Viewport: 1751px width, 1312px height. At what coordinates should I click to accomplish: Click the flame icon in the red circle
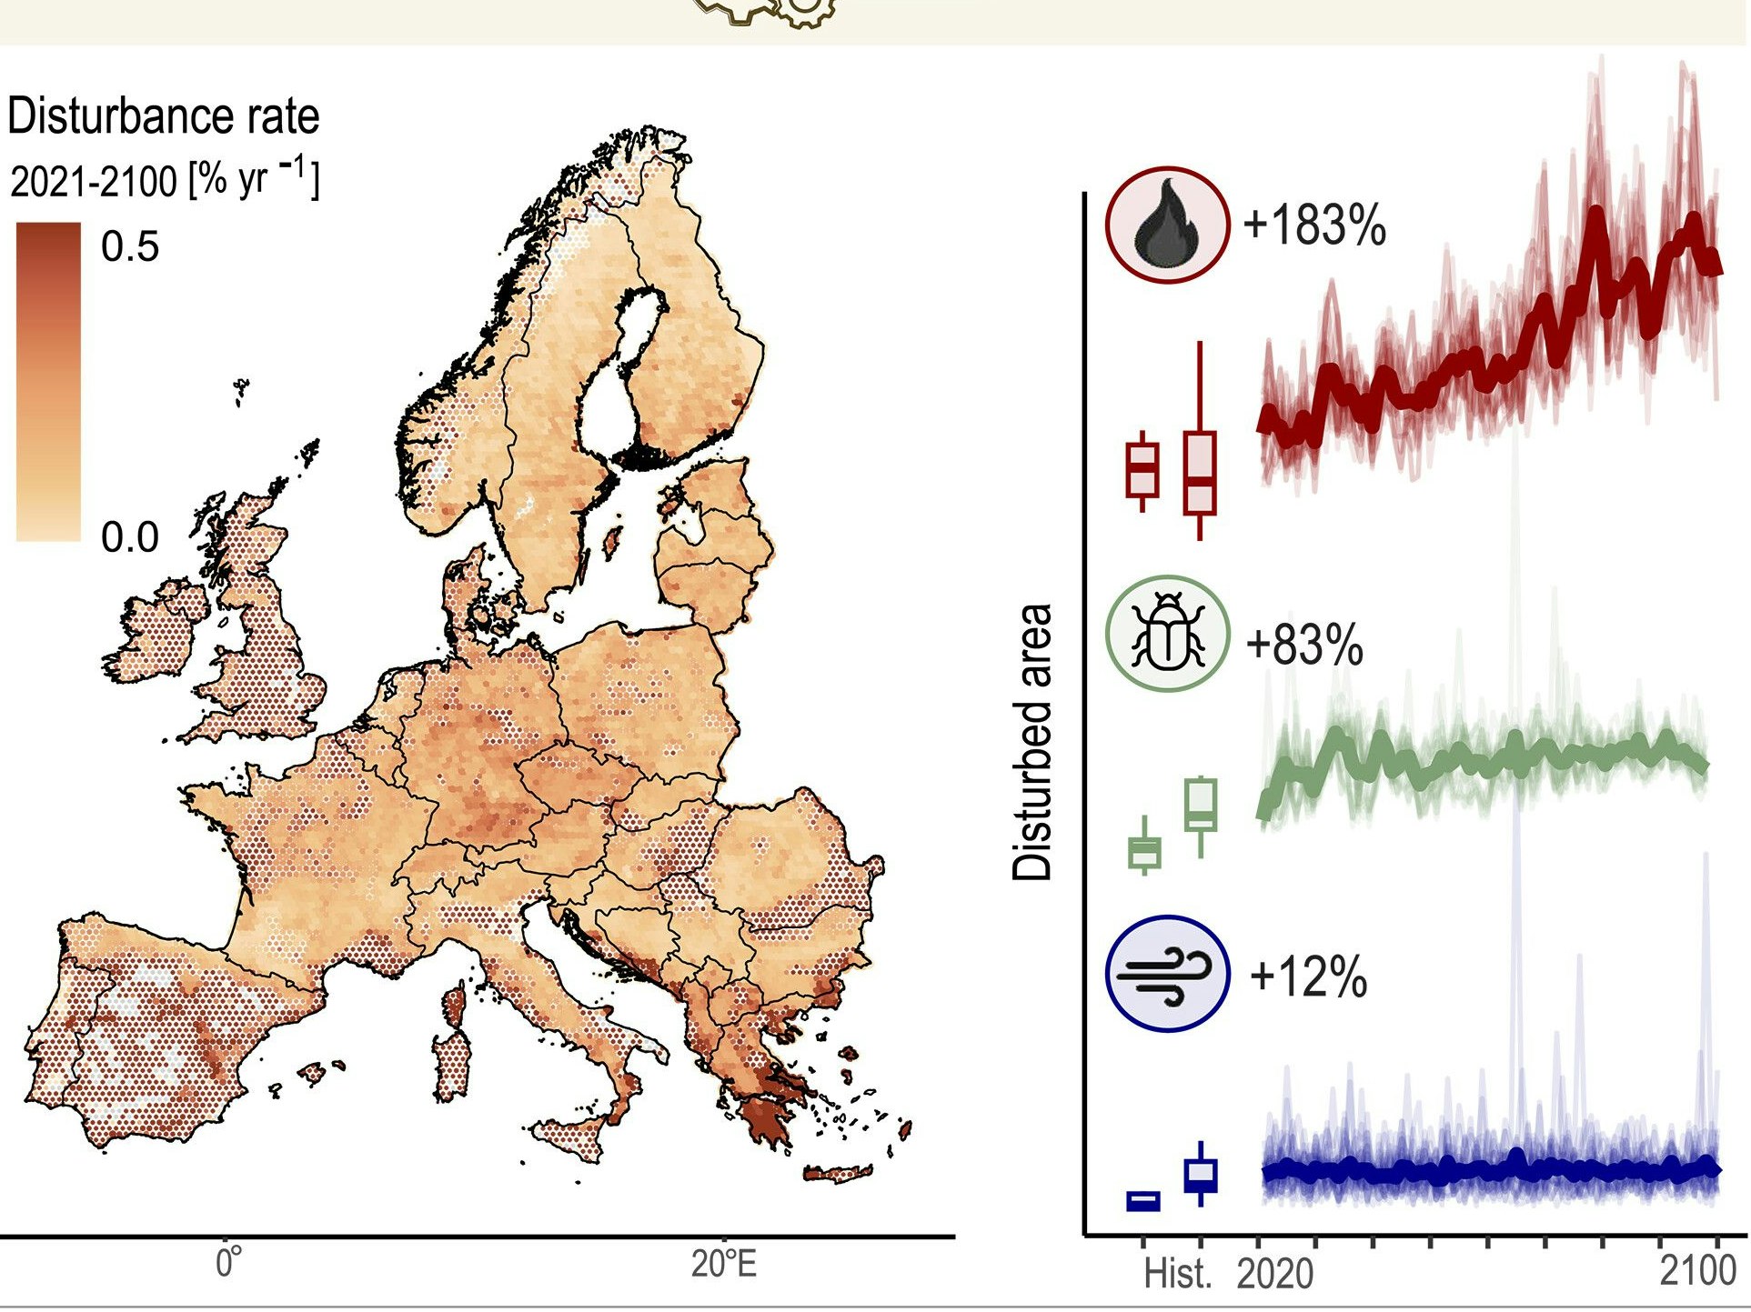point(1167,225)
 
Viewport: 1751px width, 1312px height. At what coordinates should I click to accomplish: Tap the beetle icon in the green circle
point(1167,634)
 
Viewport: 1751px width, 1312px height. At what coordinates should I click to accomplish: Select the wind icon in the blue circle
point(1167,973)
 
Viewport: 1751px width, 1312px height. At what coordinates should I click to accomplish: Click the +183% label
point(1313,225)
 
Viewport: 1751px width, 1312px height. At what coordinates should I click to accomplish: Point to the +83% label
point(1304,645)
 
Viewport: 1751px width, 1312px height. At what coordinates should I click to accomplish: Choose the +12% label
point(1308,977)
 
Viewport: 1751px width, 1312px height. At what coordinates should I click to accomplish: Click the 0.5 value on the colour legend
point(130,247)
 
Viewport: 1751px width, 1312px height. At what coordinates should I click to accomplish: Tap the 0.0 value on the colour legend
point(130,537)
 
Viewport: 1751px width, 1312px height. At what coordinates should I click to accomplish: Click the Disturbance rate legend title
point(164,116)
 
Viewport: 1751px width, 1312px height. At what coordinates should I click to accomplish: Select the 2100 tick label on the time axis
point(1697,1270)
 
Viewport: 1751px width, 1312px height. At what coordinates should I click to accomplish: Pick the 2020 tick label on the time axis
point(1274,1274)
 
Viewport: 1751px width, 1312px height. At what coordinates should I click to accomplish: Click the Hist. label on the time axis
point(1177,1274)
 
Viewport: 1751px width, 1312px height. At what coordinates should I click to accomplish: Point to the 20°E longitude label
point(724,1265)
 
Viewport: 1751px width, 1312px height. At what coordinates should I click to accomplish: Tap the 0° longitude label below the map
point(228,1265)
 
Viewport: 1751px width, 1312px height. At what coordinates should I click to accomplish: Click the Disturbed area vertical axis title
point(1032,742)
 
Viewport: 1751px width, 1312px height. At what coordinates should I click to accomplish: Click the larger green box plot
point(1201,804)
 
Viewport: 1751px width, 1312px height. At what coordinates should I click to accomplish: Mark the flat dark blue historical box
point(1143,1200)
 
